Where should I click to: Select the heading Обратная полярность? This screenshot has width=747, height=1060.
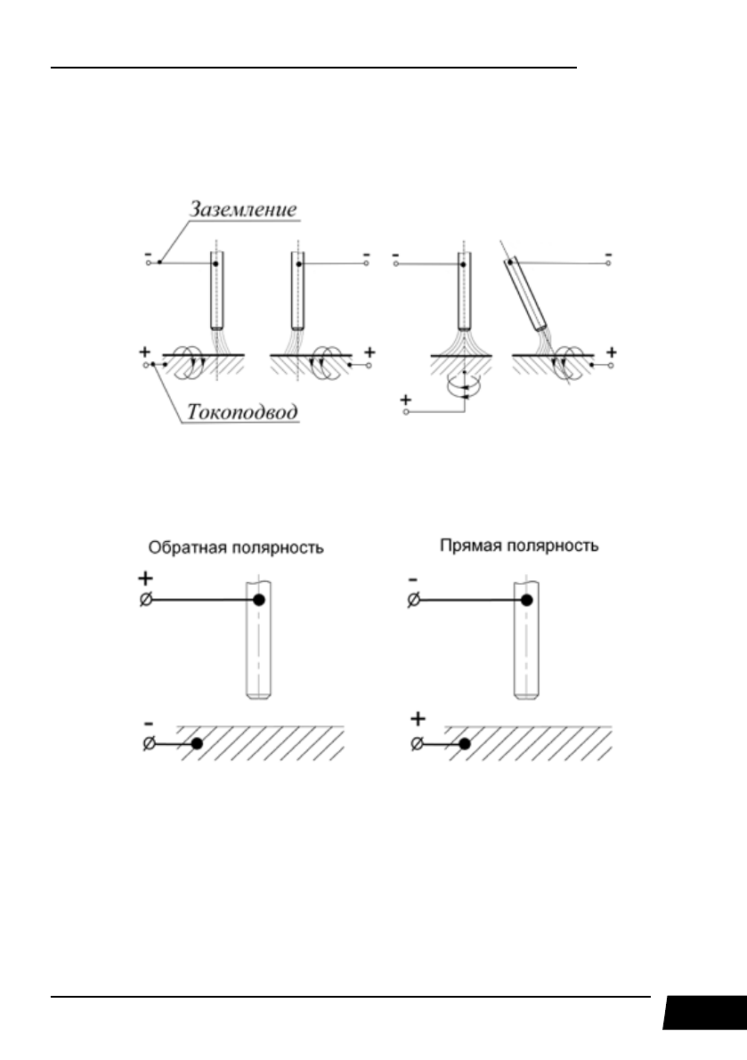(x=235, y=547)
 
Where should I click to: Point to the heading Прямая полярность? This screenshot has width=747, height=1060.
(x=519, y=545)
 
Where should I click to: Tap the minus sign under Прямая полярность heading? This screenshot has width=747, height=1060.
(x=411, y=578)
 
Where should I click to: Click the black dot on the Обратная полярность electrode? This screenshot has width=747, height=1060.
(x=259, y=601)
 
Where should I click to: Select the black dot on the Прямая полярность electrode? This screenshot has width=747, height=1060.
(x=526, y=601)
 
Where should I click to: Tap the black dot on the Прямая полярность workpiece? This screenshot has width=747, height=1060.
(x=464, y=743)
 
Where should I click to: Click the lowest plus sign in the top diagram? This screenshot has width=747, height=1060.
(x=407, y=401)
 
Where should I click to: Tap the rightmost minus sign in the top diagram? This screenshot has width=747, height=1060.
(x=608, y=255)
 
